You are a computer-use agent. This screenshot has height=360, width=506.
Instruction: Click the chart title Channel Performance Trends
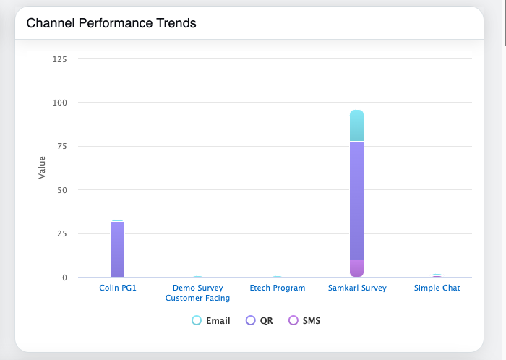point(111,23)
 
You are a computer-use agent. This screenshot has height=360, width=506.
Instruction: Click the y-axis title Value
point(42,168)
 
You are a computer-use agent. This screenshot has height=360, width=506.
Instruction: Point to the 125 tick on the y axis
point(60,59)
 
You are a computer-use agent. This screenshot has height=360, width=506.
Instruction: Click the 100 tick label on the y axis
point(60,103)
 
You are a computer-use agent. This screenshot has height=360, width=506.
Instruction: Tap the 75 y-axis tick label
point(62,147)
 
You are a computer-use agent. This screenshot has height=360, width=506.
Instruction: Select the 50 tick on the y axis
point(62,190)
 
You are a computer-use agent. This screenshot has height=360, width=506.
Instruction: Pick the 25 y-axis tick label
point(62,234)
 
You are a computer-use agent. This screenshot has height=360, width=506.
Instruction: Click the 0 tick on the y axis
point(64,278)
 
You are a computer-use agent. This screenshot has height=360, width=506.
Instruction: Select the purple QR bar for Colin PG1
point(118,249)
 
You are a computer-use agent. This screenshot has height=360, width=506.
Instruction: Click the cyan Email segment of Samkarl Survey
point(356,126)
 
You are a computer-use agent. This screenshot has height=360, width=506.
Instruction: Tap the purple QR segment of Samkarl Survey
point(356,200)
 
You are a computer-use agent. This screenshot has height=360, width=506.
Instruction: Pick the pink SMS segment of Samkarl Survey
point(356,268)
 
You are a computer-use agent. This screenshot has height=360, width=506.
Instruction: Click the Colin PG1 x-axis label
point(118,288)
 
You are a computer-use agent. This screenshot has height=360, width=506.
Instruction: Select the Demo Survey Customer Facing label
point(197,293)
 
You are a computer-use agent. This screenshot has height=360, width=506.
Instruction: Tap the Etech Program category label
point(277,288)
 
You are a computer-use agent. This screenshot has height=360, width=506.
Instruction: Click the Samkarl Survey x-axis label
point(356,288)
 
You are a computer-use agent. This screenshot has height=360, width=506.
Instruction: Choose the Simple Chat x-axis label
point(437,288)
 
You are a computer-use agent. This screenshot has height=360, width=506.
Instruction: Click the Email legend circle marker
point(197,320)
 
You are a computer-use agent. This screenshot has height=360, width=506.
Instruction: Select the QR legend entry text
point(266,320)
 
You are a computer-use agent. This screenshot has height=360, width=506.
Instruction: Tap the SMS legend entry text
point(312,320)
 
